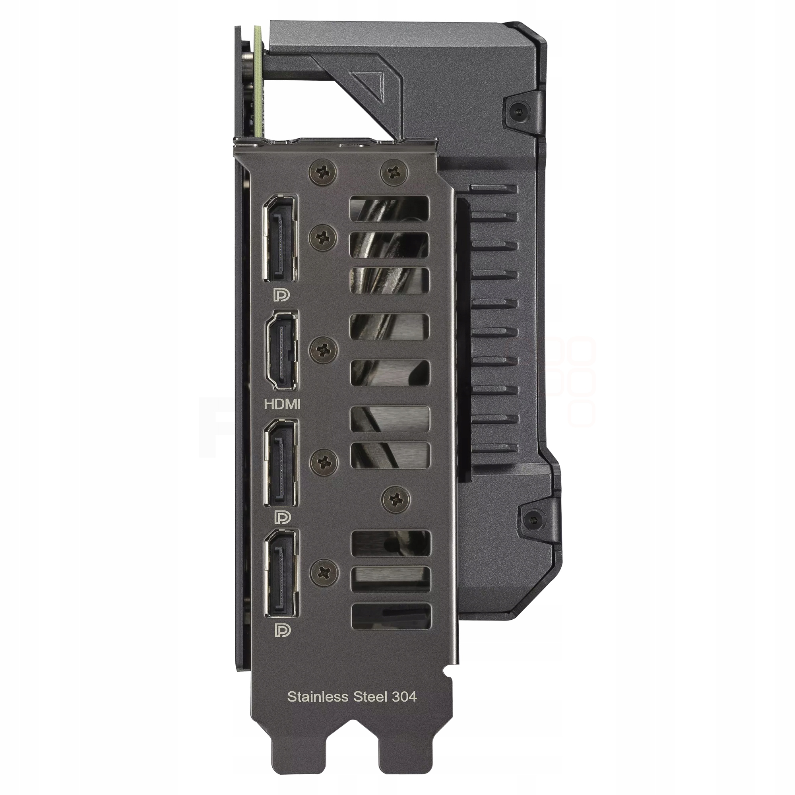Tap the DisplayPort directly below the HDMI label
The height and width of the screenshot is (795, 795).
[x=280, y=463]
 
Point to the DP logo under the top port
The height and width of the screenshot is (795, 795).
[x=282, y=295]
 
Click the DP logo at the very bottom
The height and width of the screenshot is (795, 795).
[x=282, y=630]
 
